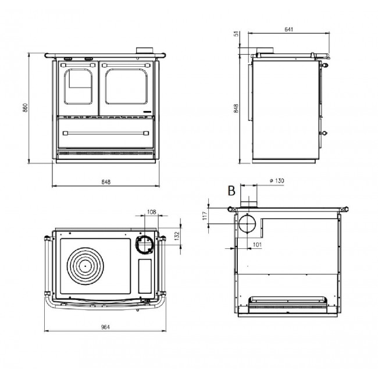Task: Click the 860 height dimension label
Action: click(x=26, y=108)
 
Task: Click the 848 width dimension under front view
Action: click(x=106, y=182)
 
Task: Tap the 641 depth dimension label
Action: click(x=289, y=30)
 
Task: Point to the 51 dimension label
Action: click(x=237, y=34)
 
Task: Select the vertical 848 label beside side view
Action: click(x=236, y=108)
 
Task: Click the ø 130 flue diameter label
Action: click(x=277, y=180)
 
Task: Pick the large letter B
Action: click(x=231, y=191)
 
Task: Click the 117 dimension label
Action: click(x=205, y=216)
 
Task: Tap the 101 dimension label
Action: click(x=257, y=245)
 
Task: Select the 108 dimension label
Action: click(x=151, y=212)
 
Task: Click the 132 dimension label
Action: click(x=177, y=236)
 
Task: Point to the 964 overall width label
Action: click(x=105, y=327)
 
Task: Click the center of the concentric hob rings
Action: click(x=85, y=266)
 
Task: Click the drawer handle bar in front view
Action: click(x=106, y=133)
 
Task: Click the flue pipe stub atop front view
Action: click(x=145, y=51)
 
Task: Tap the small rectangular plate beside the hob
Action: click(x=145, y=276)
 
